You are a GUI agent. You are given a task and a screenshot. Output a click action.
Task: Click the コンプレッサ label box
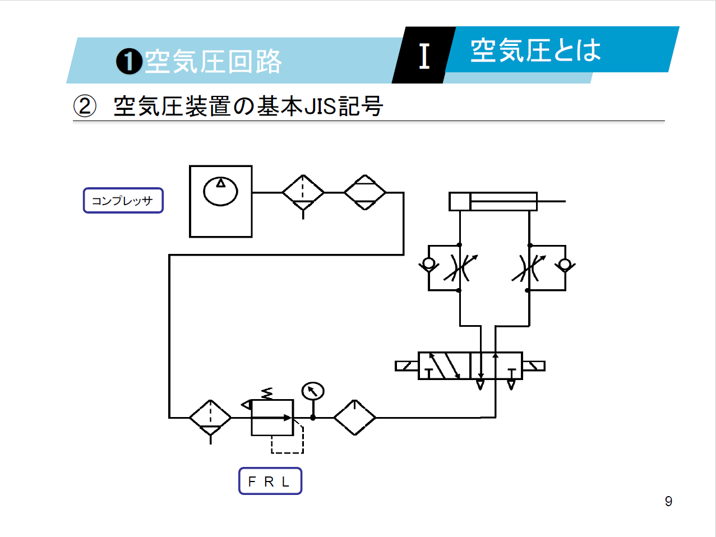point(123,201)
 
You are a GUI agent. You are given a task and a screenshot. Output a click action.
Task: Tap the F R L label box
point(270,482)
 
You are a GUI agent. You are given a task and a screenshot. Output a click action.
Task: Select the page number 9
point(668,501)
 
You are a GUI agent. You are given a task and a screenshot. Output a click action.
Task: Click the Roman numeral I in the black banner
point(424,56)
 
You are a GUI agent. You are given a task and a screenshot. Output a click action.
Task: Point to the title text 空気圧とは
point(535,50)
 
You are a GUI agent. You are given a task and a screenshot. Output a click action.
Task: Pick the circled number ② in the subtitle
point(85,106)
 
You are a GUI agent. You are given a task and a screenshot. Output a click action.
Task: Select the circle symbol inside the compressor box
point(220,191)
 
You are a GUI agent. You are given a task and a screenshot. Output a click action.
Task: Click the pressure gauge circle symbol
point(313,391)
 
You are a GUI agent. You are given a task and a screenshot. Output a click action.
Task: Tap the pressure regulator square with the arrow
point(272,418)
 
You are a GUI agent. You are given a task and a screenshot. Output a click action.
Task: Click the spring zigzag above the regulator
point(267,394)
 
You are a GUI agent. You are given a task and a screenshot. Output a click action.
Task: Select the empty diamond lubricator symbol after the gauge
point(354,418)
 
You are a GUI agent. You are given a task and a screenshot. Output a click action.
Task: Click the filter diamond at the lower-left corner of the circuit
point(210,418)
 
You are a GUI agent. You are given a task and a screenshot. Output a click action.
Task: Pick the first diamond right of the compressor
point(303,193)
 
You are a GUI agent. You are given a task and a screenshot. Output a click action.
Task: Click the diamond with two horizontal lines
point(365,193)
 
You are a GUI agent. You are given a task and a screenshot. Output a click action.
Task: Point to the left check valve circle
point(429,263)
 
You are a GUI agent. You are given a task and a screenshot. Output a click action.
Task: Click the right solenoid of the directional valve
point(533,366)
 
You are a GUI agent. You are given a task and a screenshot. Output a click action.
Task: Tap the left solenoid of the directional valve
point(406,366)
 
